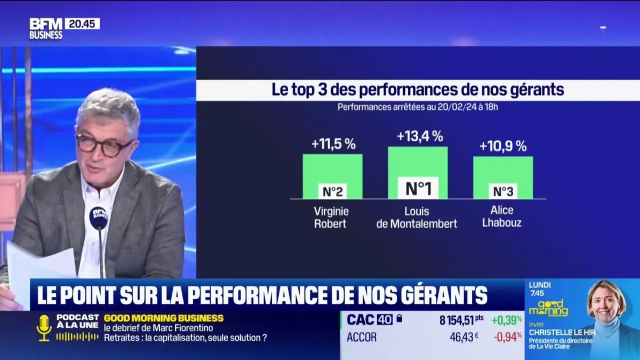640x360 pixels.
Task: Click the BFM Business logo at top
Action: [46, 28]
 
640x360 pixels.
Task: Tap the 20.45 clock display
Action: [82, 23]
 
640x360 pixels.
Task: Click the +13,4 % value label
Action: [420, 137]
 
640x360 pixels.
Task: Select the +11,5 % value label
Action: [333, 144]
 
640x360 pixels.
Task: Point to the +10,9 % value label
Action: [503, 146]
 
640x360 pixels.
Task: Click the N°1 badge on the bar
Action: [418, 188]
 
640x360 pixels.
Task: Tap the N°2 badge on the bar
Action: [333, 191]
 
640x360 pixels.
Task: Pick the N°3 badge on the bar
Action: [503, 191]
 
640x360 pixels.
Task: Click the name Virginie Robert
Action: [331, 217]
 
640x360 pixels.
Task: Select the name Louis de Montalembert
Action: [417, 217]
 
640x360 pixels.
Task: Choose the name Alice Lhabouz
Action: [502, 216]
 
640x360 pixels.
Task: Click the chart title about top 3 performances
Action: [418, 90]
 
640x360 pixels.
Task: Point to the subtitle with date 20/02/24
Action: [418, 107]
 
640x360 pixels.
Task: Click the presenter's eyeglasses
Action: [104, 145]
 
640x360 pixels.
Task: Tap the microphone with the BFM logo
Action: [98, 218]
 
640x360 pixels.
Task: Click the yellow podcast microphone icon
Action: [44, 327]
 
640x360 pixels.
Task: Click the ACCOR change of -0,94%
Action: [507, 337]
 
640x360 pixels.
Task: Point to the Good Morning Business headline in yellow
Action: [164, 318]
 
